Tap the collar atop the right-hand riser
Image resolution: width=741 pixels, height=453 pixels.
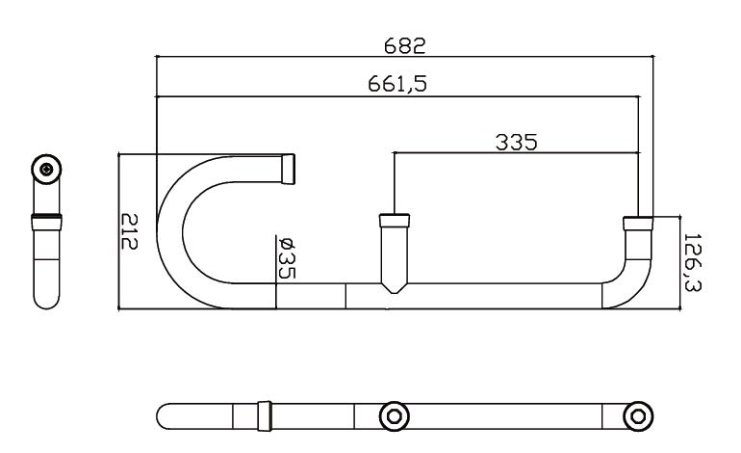(637, 224)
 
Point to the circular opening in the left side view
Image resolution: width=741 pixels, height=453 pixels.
(46, 170)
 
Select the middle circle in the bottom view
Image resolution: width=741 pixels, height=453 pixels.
(395, 416)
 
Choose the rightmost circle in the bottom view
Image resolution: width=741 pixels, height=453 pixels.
(636, 416)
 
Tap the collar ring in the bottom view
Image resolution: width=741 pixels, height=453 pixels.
(265, 416)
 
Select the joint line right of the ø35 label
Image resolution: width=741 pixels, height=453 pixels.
(345, 296)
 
